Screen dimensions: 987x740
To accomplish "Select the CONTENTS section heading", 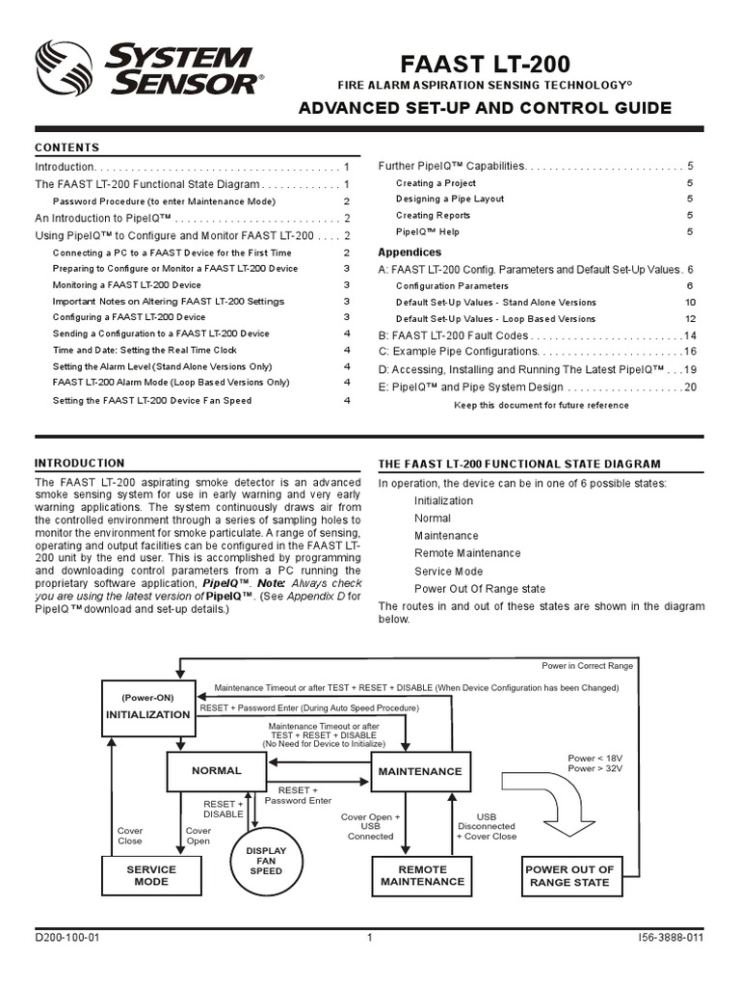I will click(x=67, y=147).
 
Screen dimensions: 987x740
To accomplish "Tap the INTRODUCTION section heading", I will click(x=80, y=464).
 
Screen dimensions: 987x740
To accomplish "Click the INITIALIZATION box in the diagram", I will click(x=147, y=707).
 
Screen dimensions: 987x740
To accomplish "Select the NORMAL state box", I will click(x=216, y=771).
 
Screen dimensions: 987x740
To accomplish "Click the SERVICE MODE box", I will click(x=151, y=875).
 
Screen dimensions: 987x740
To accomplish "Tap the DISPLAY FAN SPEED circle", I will click(x=266, y=861).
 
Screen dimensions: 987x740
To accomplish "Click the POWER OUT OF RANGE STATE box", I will click(x=568, y=876).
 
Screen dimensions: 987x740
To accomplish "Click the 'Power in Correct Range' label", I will click(x=587, y=666).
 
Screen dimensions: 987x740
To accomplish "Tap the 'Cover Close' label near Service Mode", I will click(x=129, y=836).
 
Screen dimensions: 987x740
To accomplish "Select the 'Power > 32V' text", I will click(x=595, y=769).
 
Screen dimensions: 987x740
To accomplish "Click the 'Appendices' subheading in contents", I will click(x=410, y=253).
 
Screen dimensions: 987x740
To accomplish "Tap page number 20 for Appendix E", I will click(x=689, y=387).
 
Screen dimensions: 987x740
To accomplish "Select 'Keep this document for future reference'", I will click(x=541, y=406).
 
